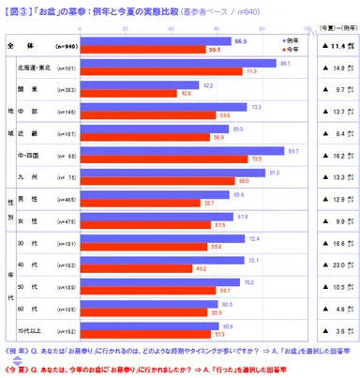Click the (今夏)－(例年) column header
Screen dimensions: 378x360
(332, 28)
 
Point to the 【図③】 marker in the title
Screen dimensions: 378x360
(19, 11)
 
